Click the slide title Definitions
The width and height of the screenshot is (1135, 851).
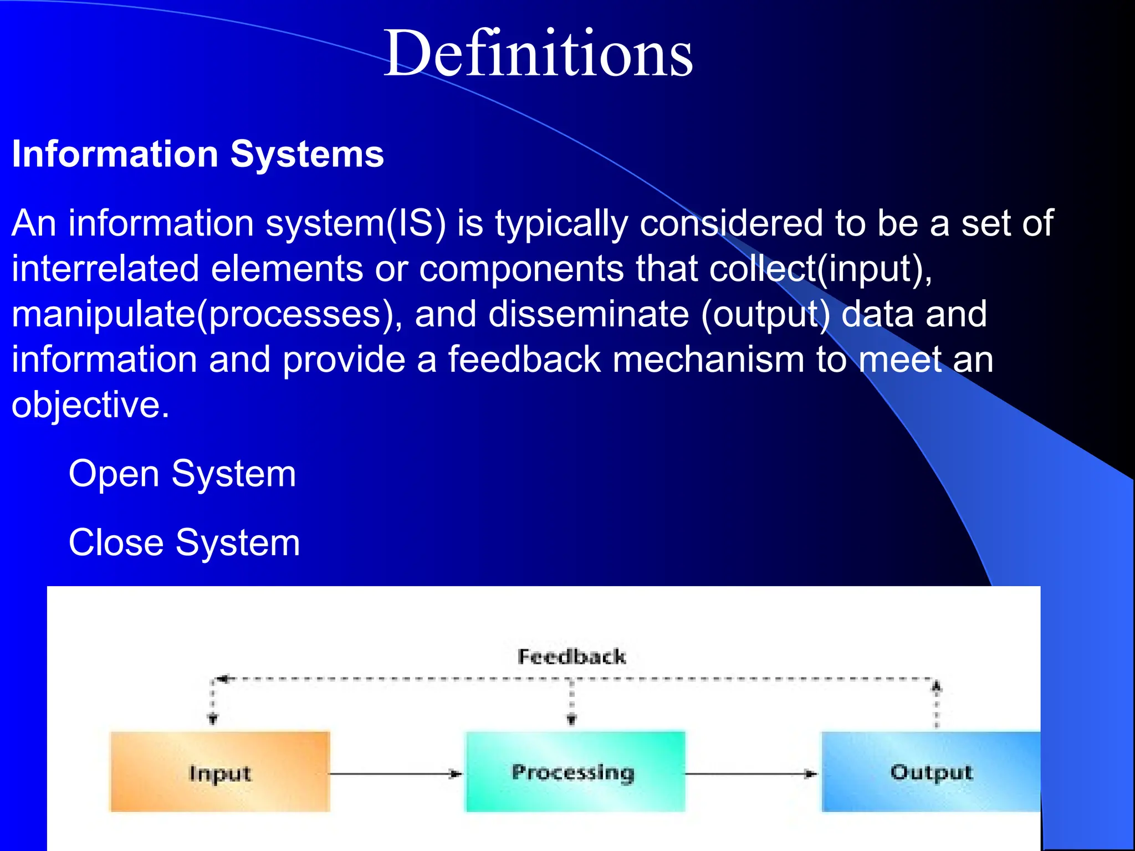click(538, 54)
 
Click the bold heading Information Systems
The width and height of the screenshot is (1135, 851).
click(198, 154)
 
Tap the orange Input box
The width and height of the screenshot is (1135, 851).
click(220, 772)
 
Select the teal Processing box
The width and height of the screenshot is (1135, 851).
click(574, 772)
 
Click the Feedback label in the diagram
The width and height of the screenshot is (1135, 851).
click(571, 657)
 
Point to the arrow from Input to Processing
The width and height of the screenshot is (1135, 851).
click(396, 773)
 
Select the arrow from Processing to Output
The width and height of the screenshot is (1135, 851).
click(751, 773)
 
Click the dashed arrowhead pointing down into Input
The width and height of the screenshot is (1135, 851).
click(212, 719)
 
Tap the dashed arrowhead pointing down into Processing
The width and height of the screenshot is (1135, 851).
click(571, 719)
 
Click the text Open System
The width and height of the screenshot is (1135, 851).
click(182, 474)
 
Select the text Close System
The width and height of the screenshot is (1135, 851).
click(184, 543)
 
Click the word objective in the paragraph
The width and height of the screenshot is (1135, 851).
click(90, 405)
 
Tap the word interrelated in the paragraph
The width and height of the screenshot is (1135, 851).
click(105, 269)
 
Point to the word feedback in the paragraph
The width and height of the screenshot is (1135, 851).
click(524, 360)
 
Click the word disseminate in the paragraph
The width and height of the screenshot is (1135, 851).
click(589, 314)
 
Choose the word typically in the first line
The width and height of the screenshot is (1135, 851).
click(561, 224)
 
